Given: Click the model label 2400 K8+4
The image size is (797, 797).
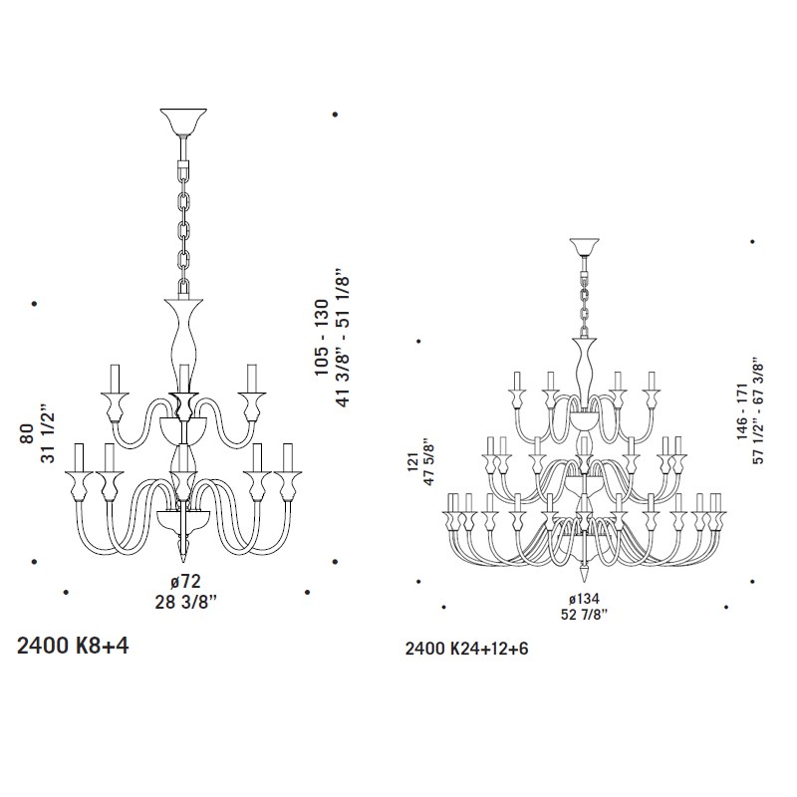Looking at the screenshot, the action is (x=73, y=646).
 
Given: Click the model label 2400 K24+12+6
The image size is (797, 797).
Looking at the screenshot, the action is (x=466, y=649).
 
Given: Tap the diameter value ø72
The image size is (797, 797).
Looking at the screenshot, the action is (x=185, y=581).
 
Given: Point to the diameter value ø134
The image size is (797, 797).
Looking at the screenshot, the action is (x=584, y=600).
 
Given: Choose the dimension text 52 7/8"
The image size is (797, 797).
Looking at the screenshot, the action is (x=585, y=615).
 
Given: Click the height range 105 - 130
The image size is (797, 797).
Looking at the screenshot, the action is (x=322, y=338).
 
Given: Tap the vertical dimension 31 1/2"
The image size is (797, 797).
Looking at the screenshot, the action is (x=47, y=434).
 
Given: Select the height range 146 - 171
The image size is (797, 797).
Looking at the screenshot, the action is (x=743, y=411).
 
